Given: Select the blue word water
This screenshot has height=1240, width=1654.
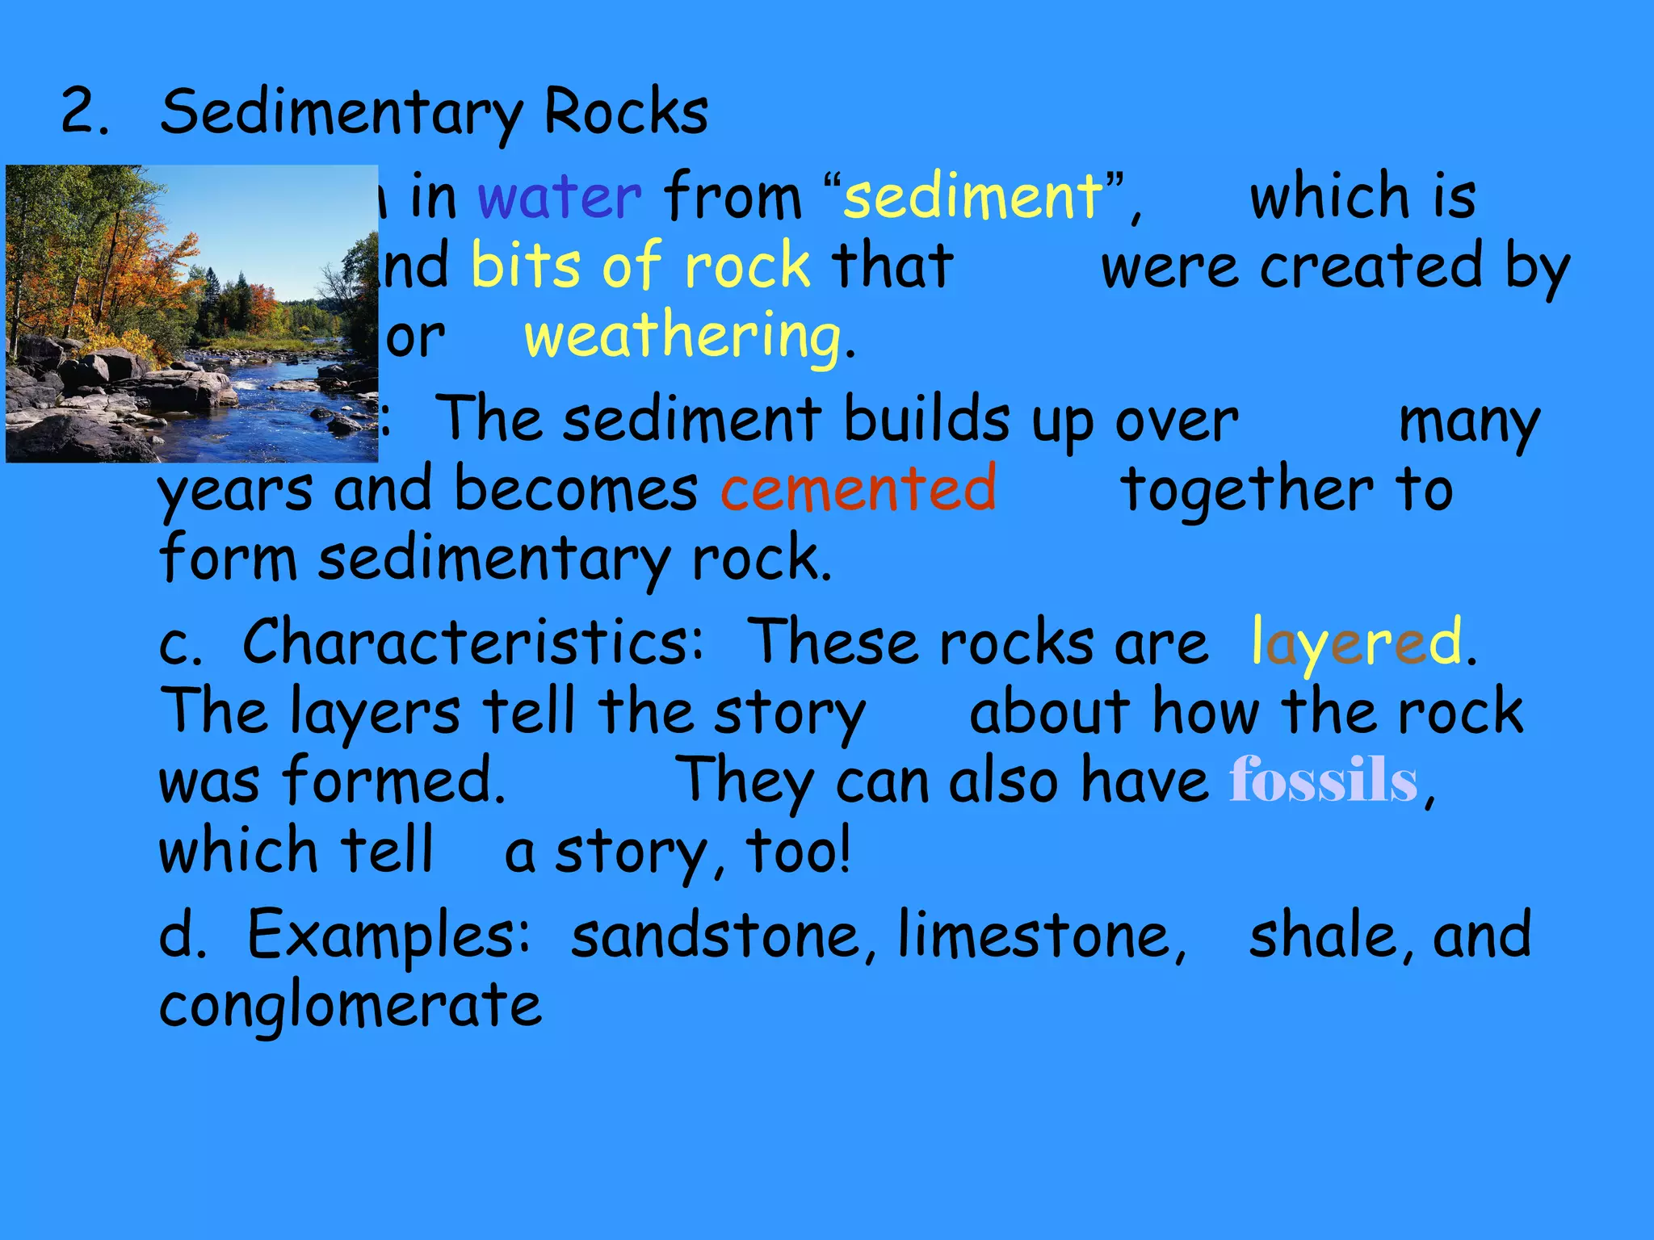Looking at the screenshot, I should [x=559, y=196].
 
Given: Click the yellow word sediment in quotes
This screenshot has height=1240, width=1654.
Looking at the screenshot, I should [x=972, y=196].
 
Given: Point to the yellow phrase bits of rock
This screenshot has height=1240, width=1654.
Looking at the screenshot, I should [x=640, y=266].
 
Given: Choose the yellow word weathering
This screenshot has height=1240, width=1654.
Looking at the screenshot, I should [x=682, y=337].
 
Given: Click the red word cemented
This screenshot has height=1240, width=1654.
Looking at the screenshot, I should [x=858, y=488].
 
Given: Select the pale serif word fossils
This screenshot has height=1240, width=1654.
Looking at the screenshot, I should [x=1323, y=781].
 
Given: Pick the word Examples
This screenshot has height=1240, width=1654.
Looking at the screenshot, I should [x=388, y=935].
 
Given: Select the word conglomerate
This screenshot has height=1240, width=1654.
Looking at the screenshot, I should [x=351, y=1006].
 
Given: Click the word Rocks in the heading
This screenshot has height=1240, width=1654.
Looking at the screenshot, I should [x=626, y=112].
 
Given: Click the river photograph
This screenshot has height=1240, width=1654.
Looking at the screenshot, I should [x=191, y=313].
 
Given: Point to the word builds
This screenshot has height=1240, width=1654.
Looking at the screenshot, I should [x=926, y=419].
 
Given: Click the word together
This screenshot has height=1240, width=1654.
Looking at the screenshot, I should [x=1248, y=488].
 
